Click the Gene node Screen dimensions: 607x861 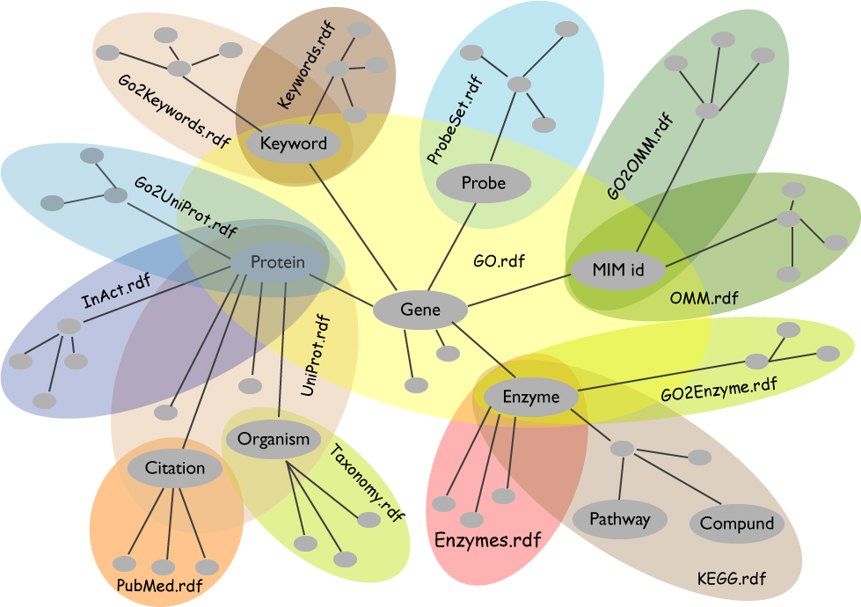point(420,310)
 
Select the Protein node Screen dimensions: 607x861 point(278,262)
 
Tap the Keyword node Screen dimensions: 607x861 point(294,143)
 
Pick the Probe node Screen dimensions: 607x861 point(484,183)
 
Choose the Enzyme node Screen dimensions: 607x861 point(531,398)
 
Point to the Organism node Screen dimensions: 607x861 point(274,439)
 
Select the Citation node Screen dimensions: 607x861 point(175,468)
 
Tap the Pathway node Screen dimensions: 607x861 point(619,518)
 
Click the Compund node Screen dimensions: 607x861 point(737,523)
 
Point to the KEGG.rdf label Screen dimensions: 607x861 point(730,578)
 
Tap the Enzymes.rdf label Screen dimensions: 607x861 point(487,539)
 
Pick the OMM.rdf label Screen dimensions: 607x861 point(704,298)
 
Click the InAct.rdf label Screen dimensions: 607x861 point(116,290)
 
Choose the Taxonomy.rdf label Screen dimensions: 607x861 point(367,484)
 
